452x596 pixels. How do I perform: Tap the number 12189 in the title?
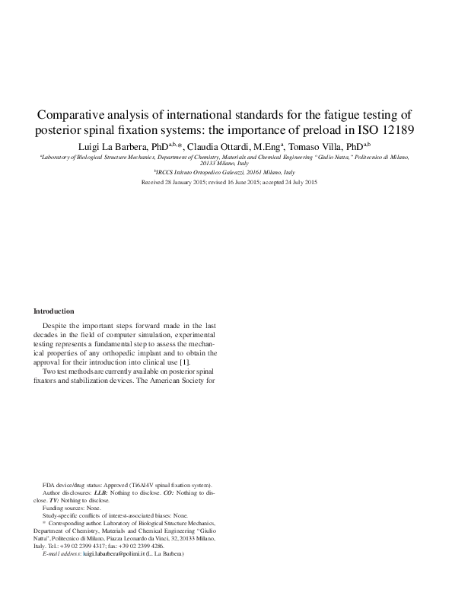pos(392,129)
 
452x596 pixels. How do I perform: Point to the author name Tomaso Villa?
pos(316,145)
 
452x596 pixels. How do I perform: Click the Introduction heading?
pos(54,311)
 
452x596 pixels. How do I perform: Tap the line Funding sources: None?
pos(72,508)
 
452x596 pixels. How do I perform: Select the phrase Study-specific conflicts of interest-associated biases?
pos(107,515)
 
